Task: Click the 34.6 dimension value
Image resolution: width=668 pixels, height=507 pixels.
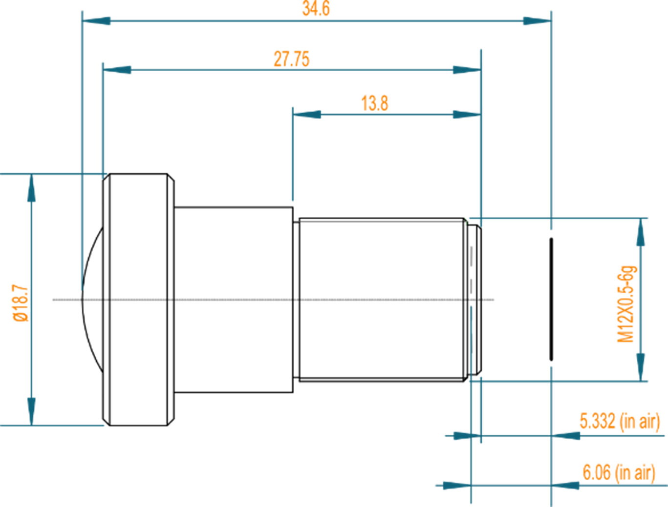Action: tap(316, 9)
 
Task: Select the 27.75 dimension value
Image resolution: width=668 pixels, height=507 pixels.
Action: tap(291, 59)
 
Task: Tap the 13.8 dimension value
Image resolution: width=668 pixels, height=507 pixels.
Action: tap(375, 103)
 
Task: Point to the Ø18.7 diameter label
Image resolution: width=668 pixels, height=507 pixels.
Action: tap(21, 303)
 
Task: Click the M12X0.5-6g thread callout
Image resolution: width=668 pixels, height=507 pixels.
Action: tap(626, 304)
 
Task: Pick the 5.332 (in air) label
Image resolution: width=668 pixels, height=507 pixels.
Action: tap(620, 421)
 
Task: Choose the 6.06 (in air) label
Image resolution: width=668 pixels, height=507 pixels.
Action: tap(619, 472)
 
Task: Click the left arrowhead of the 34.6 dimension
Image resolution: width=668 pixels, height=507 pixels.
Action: tap(97, 21)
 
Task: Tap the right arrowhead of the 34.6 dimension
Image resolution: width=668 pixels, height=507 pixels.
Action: tap(536, 21)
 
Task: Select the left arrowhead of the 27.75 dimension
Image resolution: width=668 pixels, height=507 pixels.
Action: tap(118, 70)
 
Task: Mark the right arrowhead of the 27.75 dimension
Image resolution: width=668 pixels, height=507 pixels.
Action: tap(466, 70)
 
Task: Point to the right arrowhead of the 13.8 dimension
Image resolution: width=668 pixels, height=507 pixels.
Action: tap(466, 115)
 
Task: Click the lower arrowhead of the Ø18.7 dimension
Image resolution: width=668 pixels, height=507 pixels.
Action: tap(32, 410)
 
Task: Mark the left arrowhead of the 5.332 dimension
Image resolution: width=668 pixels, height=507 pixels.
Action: tap(462, 435)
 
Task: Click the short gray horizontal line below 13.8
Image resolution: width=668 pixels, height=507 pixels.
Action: tap(381, 222)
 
